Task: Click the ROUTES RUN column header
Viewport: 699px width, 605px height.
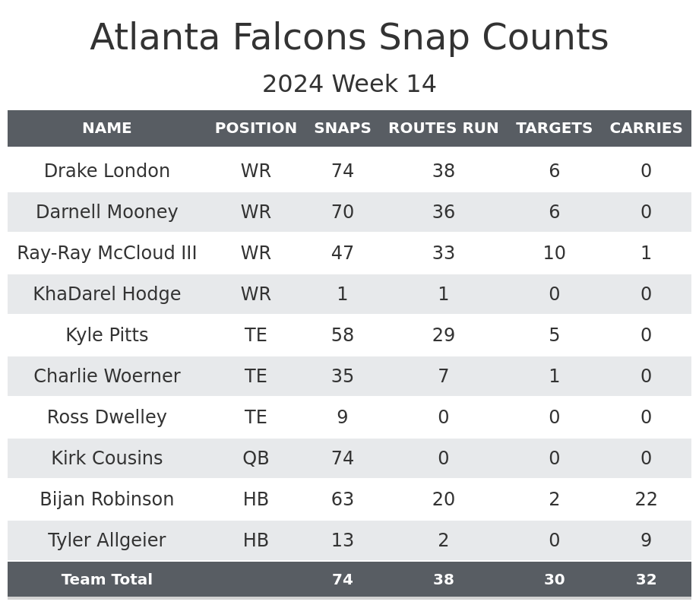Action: click(443, 128)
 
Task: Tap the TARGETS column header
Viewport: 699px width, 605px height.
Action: click(554, 128)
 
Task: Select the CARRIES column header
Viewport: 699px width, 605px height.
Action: click(646, 128)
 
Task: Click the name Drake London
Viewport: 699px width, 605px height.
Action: click(107, 171)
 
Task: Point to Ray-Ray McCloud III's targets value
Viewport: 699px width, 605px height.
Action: click(554, 253)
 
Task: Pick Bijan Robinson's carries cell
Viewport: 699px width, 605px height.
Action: click(646, 499)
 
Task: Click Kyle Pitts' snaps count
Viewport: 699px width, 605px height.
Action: click(343, 335)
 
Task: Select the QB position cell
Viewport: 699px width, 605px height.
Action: click(256, 458)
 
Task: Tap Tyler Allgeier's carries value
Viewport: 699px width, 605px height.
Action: click(646, 540)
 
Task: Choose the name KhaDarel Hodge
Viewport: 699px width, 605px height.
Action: click(107, 294)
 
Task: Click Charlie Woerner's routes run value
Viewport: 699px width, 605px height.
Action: click(443, 376)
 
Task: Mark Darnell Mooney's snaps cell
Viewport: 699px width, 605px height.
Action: click(343, 212)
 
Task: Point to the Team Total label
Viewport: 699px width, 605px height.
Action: click(107, 580)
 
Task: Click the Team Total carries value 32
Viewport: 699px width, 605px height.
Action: click(646, 580)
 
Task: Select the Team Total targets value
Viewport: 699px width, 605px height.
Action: click(554, 580)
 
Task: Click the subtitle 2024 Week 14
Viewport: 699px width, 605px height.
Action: click(349, 84)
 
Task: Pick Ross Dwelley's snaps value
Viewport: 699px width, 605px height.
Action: click(343, 417)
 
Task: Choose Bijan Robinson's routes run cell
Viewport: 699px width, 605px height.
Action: click(443, 499)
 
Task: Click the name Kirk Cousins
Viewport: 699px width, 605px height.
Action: click(107, 458)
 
